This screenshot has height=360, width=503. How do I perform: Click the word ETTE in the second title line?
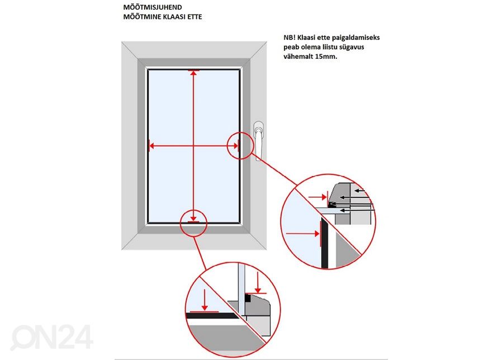pos(193,17)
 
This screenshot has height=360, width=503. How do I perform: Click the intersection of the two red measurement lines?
pos(193,146)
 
